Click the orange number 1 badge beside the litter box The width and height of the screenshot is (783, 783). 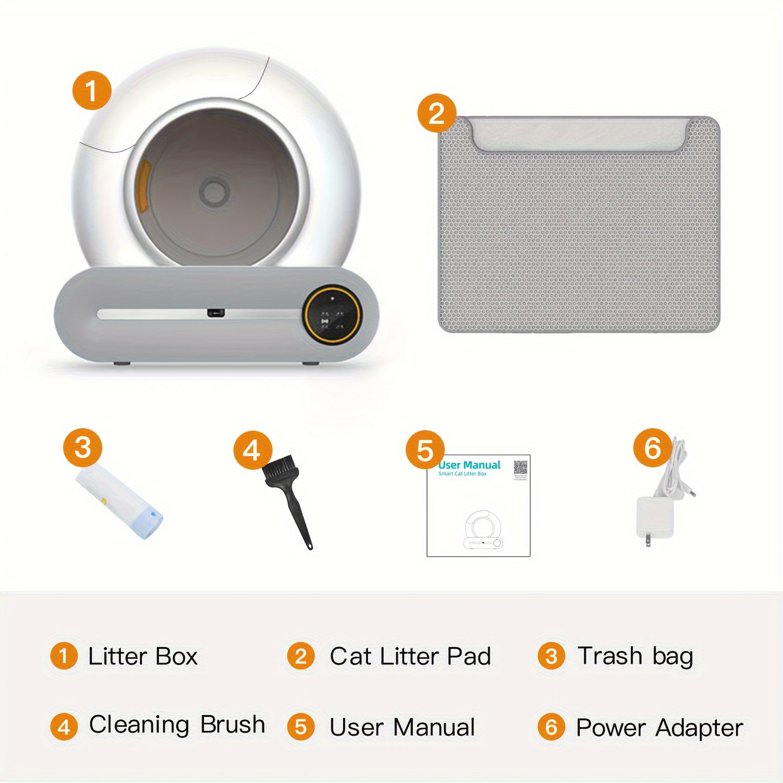(92, 90)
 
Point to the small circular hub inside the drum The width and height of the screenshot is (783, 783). (213, 191)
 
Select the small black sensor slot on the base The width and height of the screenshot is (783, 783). (215, 313)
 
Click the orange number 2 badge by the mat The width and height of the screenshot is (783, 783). (436, 113)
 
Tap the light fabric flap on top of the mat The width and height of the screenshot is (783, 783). (580, 134)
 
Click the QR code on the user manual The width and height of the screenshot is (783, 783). (520, 467)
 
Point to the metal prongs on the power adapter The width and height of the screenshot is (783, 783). (648, 541)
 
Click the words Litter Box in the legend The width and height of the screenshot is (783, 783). (143, 656)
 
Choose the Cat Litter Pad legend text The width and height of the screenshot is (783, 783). (410, 656)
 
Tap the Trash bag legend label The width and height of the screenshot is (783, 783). (635, 656)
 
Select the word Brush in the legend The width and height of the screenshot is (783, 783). (232, 724)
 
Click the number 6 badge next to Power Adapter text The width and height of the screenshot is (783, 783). (551, 727)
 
